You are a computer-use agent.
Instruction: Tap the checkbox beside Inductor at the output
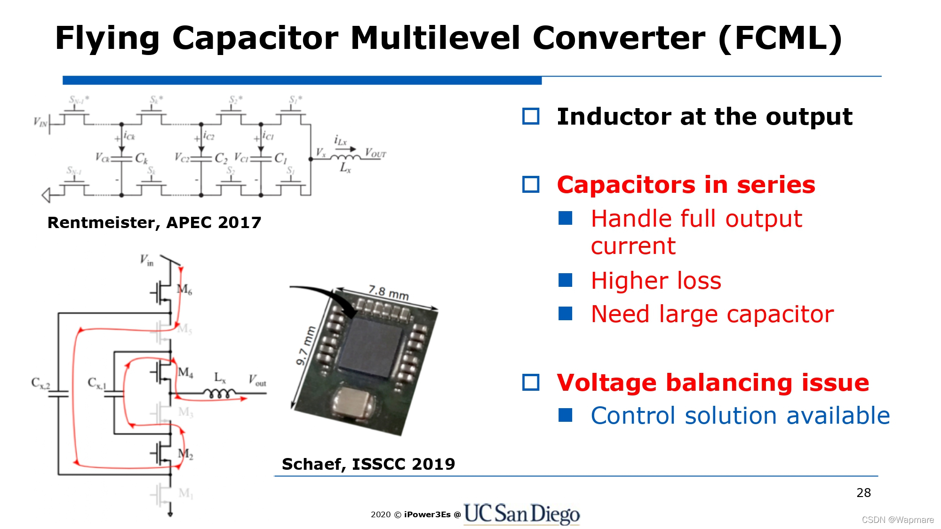[531, 116]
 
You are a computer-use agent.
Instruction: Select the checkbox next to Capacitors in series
[531, 184]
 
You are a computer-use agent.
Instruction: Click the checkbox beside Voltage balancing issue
[531, 382]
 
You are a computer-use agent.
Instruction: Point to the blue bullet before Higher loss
[565, 280]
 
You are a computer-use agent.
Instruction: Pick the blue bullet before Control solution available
[565, 415]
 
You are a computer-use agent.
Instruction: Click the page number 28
[863, 493]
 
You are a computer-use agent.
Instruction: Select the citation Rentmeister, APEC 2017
[154, 222]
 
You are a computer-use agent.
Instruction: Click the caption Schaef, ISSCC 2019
[368, 464]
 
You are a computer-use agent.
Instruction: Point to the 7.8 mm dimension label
[389, 292]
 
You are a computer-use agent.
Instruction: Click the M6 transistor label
[184, 289]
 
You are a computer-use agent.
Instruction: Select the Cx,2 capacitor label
[40, 383]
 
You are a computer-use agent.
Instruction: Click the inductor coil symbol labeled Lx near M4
[219, 393]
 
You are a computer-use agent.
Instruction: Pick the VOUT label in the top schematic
[375, 153]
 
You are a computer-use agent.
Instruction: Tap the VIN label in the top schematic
[40, 122]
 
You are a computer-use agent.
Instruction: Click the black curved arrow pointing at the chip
[325, 296]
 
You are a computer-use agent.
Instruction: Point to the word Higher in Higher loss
[622, 281]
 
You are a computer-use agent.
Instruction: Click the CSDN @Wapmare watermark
[897, 520]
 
